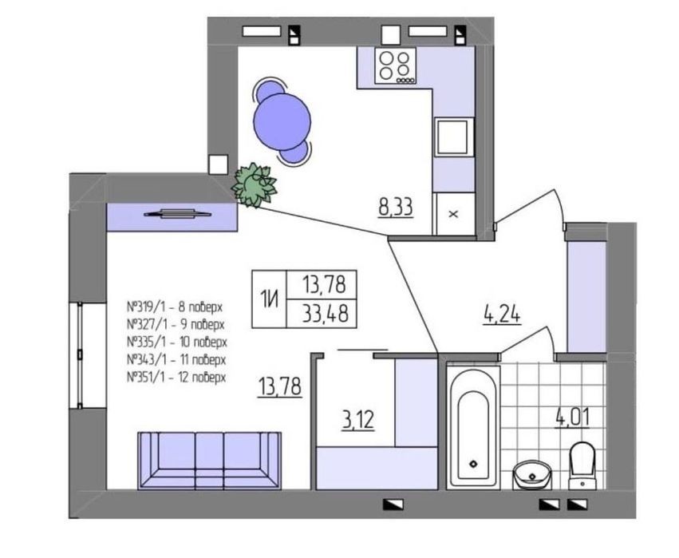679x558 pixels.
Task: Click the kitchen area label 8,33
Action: tap(396, 207)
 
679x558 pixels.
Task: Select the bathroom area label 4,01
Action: tap(572, 418)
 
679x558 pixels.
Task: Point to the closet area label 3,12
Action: tap(357, 420)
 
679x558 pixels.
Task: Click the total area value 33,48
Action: tap(326, 313)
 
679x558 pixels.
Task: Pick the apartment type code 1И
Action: tap(269, 299)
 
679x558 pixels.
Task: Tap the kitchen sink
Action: tap(453, 137)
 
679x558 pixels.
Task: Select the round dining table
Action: tap(282, 122)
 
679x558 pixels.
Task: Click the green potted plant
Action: tap(255, 185)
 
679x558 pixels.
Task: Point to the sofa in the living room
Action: tap(210, 461)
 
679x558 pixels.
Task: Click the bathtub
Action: tap(473, 427)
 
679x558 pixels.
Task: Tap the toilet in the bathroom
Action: tap(582, 465)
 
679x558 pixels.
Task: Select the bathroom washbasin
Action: tap(532, 475)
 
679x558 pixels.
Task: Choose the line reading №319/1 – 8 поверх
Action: tap(175, 307)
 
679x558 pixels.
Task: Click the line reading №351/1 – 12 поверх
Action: tap(176, 378)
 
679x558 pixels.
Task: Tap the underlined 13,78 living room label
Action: tap(280, 386)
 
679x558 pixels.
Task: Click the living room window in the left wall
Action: tap(80, 355)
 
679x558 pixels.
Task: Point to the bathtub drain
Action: tap(473, 464)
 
